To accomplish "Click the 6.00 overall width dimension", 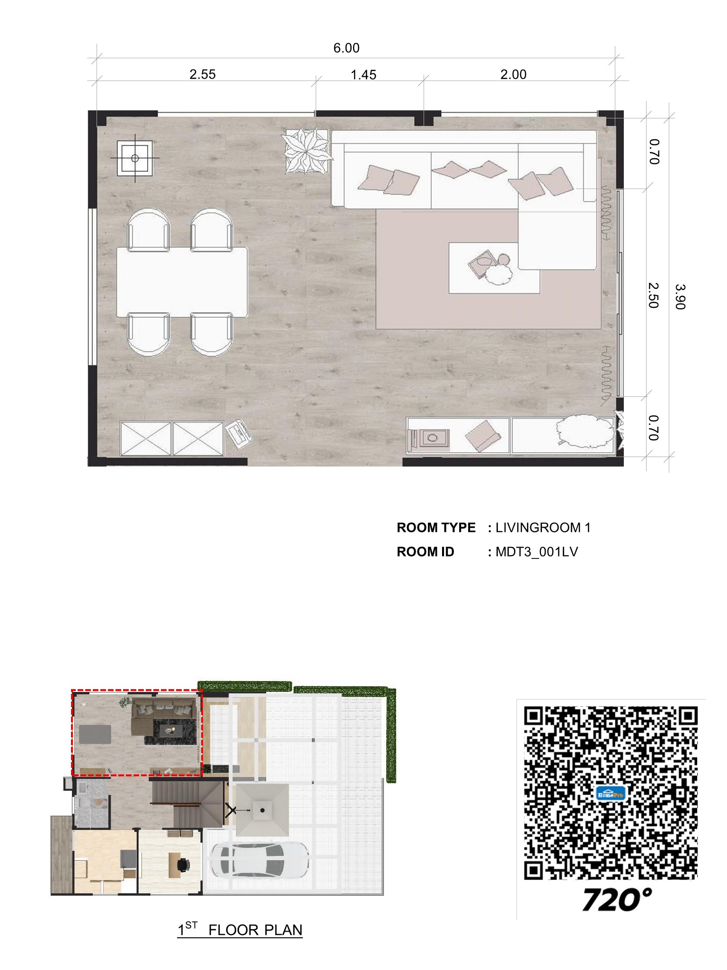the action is coord(346,48).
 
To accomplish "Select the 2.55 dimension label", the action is coord(203,74).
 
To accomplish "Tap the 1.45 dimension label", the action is coord(363,75).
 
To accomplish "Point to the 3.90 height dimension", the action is coord(680,296).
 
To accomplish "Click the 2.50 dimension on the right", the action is coord(653,295).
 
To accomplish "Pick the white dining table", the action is coord(182,282).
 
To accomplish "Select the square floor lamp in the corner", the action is coord(135,158).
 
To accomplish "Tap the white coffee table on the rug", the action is coord(494,268).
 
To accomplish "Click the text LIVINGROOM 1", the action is coord(543,528).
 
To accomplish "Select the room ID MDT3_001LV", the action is coord(537,552).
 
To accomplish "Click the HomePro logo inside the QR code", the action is coord(611,794).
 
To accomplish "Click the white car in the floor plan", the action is coord(259,859).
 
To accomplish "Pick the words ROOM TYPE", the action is coord(436,528).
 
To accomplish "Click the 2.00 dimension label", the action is coord(514,74).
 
